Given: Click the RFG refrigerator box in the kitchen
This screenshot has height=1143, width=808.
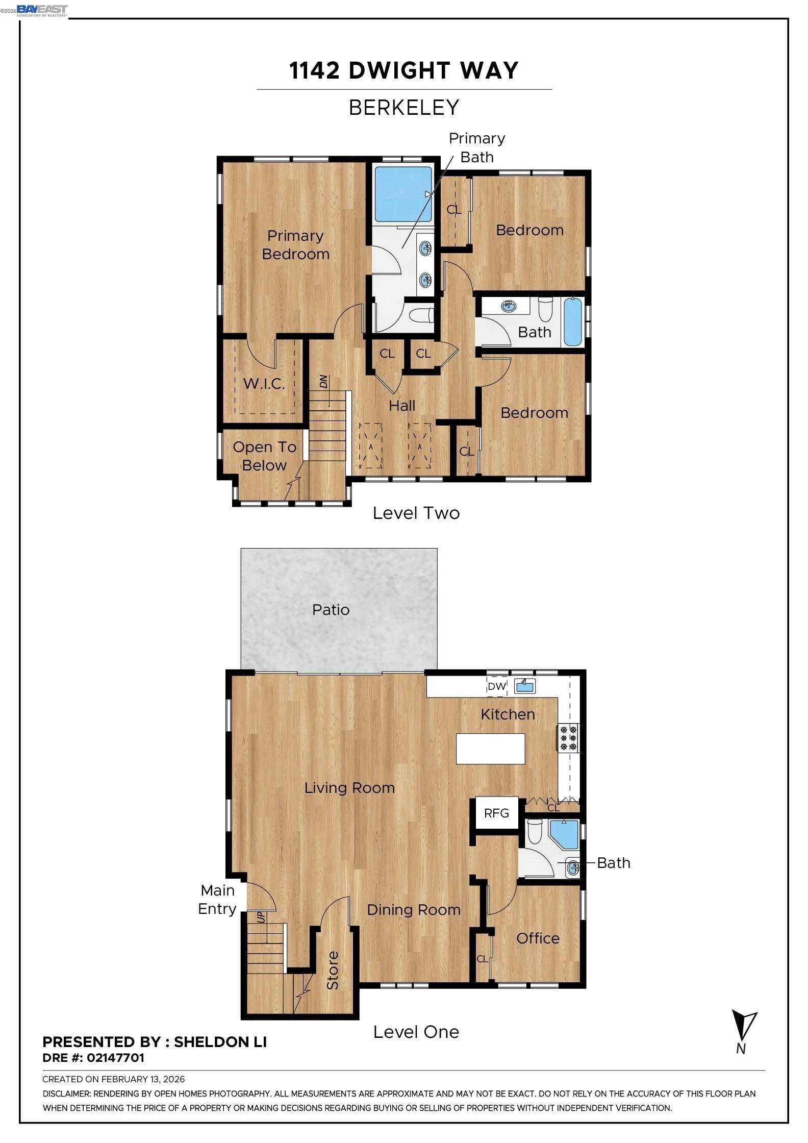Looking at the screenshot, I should (496, 813).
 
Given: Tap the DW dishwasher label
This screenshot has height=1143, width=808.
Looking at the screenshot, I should (496, 686).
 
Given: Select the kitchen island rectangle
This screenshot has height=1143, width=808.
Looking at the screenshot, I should (490, 749).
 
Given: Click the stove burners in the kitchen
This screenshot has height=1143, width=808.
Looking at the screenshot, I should (568, 738).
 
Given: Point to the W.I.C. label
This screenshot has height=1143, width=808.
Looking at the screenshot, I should (264, 384).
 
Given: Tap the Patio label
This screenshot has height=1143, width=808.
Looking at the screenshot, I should (331, 610).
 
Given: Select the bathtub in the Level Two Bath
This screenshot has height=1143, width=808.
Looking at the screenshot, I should (573, 322).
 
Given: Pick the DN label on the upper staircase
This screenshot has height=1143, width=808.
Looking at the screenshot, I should (323, 382).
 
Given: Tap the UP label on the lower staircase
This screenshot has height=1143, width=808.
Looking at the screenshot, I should (261, 917).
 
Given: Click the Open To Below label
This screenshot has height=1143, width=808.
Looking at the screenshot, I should (264, 456).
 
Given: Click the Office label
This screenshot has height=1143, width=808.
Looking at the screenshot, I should (538, 938).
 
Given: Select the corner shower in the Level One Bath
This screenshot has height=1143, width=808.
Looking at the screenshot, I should (564, 834).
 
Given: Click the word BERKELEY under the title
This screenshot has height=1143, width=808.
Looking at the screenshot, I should (404, 108).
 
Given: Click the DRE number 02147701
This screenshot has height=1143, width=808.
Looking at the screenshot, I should (115, 1058).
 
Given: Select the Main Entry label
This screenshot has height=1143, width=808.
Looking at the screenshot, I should (217, 900).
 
